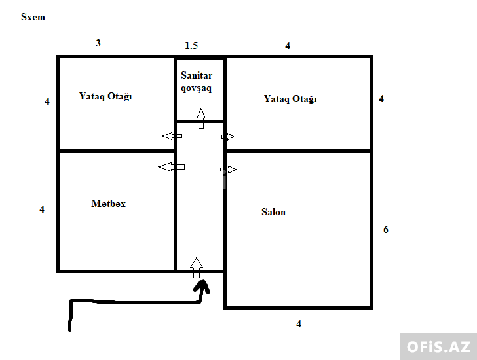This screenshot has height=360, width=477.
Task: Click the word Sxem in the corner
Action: [x=33, y=17]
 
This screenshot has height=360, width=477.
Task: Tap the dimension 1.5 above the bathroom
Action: [x=191, y=46]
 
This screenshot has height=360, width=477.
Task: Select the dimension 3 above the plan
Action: [x=98, y=43]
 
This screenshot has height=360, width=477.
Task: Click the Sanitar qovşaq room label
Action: [x=197, y=81]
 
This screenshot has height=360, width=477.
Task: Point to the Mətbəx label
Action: [x=108, y=204]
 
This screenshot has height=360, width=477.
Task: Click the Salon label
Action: [x=273, y=212]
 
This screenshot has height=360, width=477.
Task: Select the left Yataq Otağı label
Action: [x=105, y=96]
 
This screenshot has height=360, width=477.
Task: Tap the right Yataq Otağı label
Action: [x=290, y=99]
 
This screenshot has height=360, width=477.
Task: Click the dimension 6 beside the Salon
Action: [x=386, y=229]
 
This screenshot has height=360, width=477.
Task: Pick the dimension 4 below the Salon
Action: [x=299, y=324]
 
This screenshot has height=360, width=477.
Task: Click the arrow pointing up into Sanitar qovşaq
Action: [x=200, y=118]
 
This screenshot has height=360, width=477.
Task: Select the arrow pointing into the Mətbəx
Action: [x=171, y=167]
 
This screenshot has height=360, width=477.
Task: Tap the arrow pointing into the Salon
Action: [x=228, y=170]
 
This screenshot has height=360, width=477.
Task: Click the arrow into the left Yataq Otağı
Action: [x=172, y=136]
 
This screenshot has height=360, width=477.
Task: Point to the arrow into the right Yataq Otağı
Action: [x=227, y=137]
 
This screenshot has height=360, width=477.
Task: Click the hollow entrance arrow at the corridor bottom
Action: [x=197, y=268]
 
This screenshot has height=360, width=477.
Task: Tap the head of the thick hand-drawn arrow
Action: [x=202, y=287]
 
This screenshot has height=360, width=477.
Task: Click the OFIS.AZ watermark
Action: [x=438, y=347]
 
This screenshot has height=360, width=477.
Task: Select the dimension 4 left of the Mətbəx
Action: [x=42, y=209]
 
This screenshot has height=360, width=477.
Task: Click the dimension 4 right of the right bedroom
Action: [x=381, y=99]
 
